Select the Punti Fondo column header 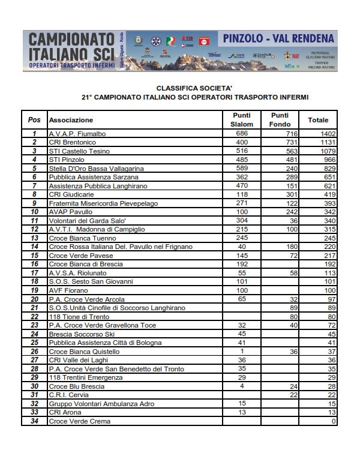[x=280, y=119]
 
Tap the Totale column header [x=318, y=120]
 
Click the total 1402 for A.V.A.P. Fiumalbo [x=326, y=134]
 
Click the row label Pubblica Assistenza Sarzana [x=94, y=178]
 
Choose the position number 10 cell [x=34, y=212]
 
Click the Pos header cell [x=34, y=120]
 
